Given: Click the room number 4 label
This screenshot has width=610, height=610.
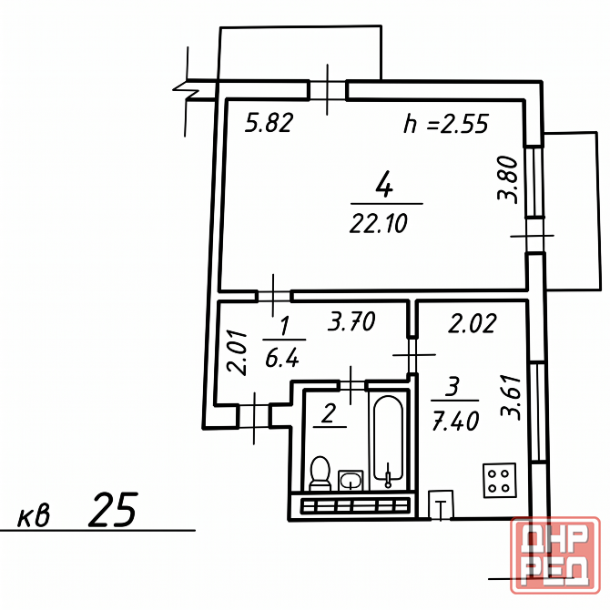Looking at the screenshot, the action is tap(384, 185).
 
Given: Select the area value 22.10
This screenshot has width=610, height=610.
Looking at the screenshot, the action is tap(379, 224).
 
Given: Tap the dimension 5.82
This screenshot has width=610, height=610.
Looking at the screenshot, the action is tap(269, 123).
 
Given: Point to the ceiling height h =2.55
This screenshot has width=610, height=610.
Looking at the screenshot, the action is tap(446, 124).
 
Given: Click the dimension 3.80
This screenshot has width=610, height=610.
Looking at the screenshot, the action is tap(508, 179).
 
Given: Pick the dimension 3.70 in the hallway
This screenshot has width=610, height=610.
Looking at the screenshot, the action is tap(351, 321).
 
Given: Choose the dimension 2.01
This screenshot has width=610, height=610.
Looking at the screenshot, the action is tap(238, 352).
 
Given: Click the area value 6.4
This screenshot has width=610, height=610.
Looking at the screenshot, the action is tap(282, 358).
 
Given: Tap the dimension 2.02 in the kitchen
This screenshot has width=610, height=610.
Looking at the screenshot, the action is tap(473, 323).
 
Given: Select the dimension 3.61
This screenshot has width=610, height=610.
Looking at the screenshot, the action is tap(511, 397).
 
